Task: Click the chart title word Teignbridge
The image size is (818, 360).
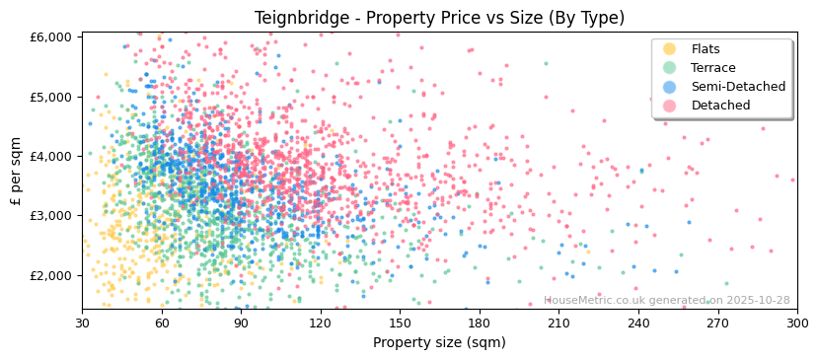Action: tap(299, 18)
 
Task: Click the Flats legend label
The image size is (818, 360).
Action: tap(705, 49)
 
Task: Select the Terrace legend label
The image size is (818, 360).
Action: tap(712, 68)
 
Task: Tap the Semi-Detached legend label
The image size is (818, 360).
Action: tap(738, 87)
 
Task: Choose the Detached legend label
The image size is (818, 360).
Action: tap(720, 106)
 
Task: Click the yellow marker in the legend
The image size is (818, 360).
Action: tap(669, 49)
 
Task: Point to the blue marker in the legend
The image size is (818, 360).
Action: tap(669, 87)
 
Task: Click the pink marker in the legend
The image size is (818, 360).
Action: tap(669, 106)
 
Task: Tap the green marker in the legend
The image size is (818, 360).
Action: tap(669, 68)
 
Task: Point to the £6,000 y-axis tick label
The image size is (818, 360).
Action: tap(52, 37)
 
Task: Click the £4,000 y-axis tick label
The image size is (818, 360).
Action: tap(52, 156)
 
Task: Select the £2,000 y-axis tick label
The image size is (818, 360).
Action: tap(52, 275)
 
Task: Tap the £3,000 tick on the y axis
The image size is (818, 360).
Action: tap(52, 216)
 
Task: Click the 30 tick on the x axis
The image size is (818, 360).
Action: tap(82, 323)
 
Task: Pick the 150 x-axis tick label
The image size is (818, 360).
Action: tap(400, 323)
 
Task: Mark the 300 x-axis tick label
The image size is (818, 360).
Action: tap(796, 323)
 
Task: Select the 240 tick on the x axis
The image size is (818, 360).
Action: tap(638, 323)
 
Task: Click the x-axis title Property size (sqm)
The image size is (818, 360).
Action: tap(439, 342)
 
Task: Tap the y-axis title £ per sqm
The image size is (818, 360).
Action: tap(17, 172)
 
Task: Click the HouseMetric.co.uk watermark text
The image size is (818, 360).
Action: tap(666, 301)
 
